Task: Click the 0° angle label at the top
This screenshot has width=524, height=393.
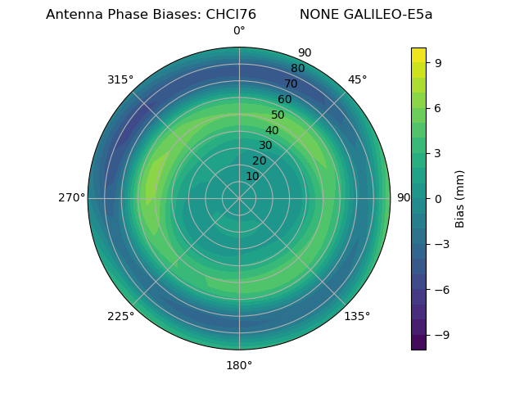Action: (x=239, y=31)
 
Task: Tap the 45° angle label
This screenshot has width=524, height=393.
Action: (x=357, y=79)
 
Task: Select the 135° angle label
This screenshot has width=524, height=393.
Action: (x=357, y=316)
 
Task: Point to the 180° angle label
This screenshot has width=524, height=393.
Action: (x=239, y=365)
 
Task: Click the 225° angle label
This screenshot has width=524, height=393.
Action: (x=120, y=316)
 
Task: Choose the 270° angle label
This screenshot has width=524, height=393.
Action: (x=71, y=198)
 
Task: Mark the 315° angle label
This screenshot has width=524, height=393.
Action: (x=120, y=79)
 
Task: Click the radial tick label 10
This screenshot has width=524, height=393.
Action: (x=252, y=176)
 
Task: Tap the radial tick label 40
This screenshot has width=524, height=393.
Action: (x=272, y=130)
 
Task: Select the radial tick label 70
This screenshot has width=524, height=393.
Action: (x=291, y=84)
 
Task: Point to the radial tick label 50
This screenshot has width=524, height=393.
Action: (x=278, y=115)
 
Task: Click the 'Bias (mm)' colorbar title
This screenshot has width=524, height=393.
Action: (x=460, y=198)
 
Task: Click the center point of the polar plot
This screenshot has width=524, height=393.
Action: (x=239, y=198)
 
